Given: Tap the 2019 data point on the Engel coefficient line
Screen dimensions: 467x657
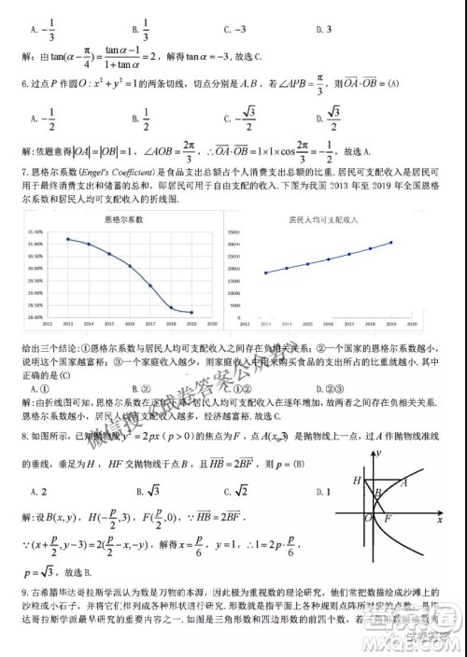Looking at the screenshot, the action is pyautogui.click(x=191, y=312).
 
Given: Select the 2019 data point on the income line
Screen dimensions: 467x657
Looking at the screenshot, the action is pyautogui.click(x=391, y=243).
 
